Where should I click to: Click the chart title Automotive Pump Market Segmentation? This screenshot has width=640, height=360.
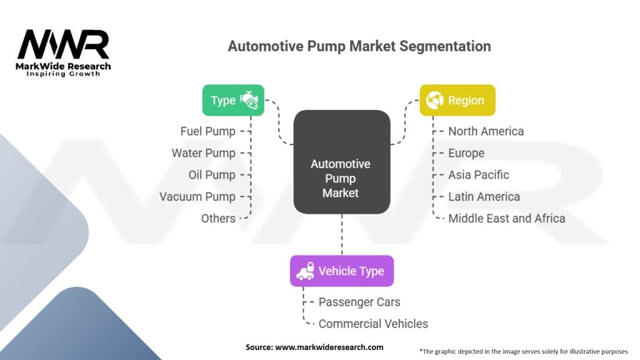click(359, 46)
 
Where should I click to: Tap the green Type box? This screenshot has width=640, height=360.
click(233, 100)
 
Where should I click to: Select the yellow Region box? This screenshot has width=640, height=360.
click(457, 100)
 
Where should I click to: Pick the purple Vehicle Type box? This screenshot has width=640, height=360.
click(341, 271)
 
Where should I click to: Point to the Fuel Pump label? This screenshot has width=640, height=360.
click(208, 131)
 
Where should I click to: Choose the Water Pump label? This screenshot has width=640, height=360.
click(204, 153)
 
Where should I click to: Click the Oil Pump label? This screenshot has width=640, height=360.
click(212, 175)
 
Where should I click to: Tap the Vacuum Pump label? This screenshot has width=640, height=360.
click(197, 197)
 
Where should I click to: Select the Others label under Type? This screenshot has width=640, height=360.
click(218, 219)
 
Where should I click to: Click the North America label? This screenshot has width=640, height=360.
click(486, 131)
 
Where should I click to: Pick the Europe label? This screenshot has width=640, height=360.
click(466, 153)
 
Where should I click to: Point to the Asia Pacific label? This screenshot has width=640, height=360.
click(478, 175)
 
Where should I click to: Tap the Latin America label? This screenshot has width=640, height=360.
click(484, 197)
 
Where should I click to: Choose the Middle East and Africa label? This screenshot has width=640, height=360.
click(506, 219)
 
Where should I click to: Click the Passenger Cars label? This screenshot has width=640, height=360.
click(359, 302)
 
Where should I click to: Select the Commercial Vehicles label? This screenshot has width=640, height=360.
click(373, 324)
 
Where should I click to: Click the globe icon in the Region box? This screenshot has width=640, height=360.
click(434, 100)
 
